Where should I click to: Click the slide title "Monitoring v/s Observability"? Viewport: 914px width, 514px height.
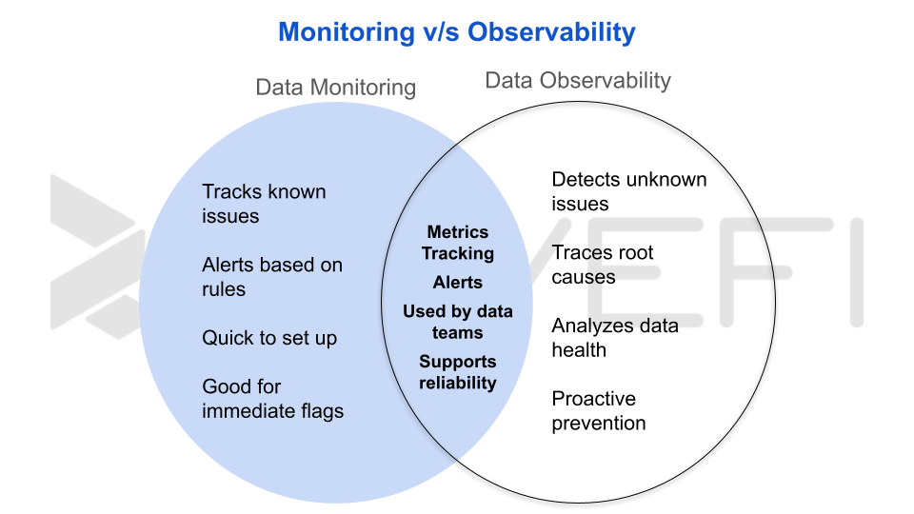[456, 32]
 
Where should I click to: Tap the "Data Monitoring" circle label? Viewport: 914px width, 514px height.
[335, 88]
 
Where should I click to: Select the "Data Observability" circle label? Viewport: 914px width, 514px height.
[578, 81]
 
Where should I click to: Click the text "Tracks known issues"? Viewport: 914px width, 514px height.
[264, 204]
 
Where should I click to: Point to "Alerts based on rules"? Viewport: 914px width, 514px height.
[271, 277]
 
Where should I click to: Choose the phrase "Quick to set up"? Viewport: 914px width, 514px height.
[269, 338]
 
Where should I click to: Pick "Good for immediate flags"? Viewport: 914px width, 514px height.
[272, 399]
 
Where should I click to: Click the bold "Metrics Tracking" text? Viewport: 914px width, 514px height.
[458, 243]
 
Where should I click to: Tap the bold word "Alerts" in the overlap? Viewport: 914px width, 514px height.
[458, 283]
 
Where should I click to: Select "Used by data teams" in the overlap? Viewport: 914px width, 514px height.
[458, 322]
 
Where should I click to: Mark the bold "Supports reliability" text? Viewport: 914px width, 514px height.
[458, 372]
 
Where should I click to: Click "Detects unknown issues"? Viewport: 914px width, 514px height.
[628, 191]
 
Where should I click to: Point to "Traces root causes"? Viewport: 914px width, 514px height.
[603, 265]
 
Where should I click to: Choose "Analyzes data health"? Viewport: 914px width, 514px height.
[614, 338]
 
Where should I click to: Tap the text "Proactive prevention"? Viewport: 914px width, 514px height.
[598, 411]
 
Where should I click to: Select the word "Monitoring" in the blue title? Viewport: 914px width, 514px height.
[346, 32]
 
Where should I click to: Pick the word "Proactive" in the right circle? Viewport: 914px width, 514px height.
[593, 399]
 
